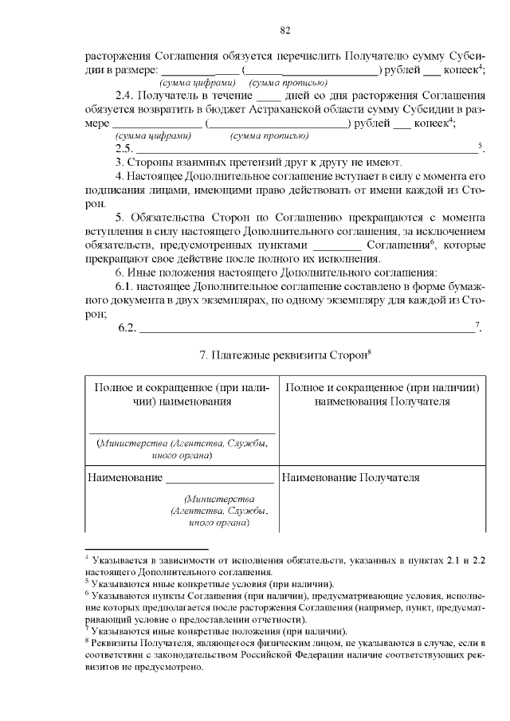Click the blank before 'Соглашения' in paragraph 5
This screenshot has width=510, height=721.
(x=338, y=245)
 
